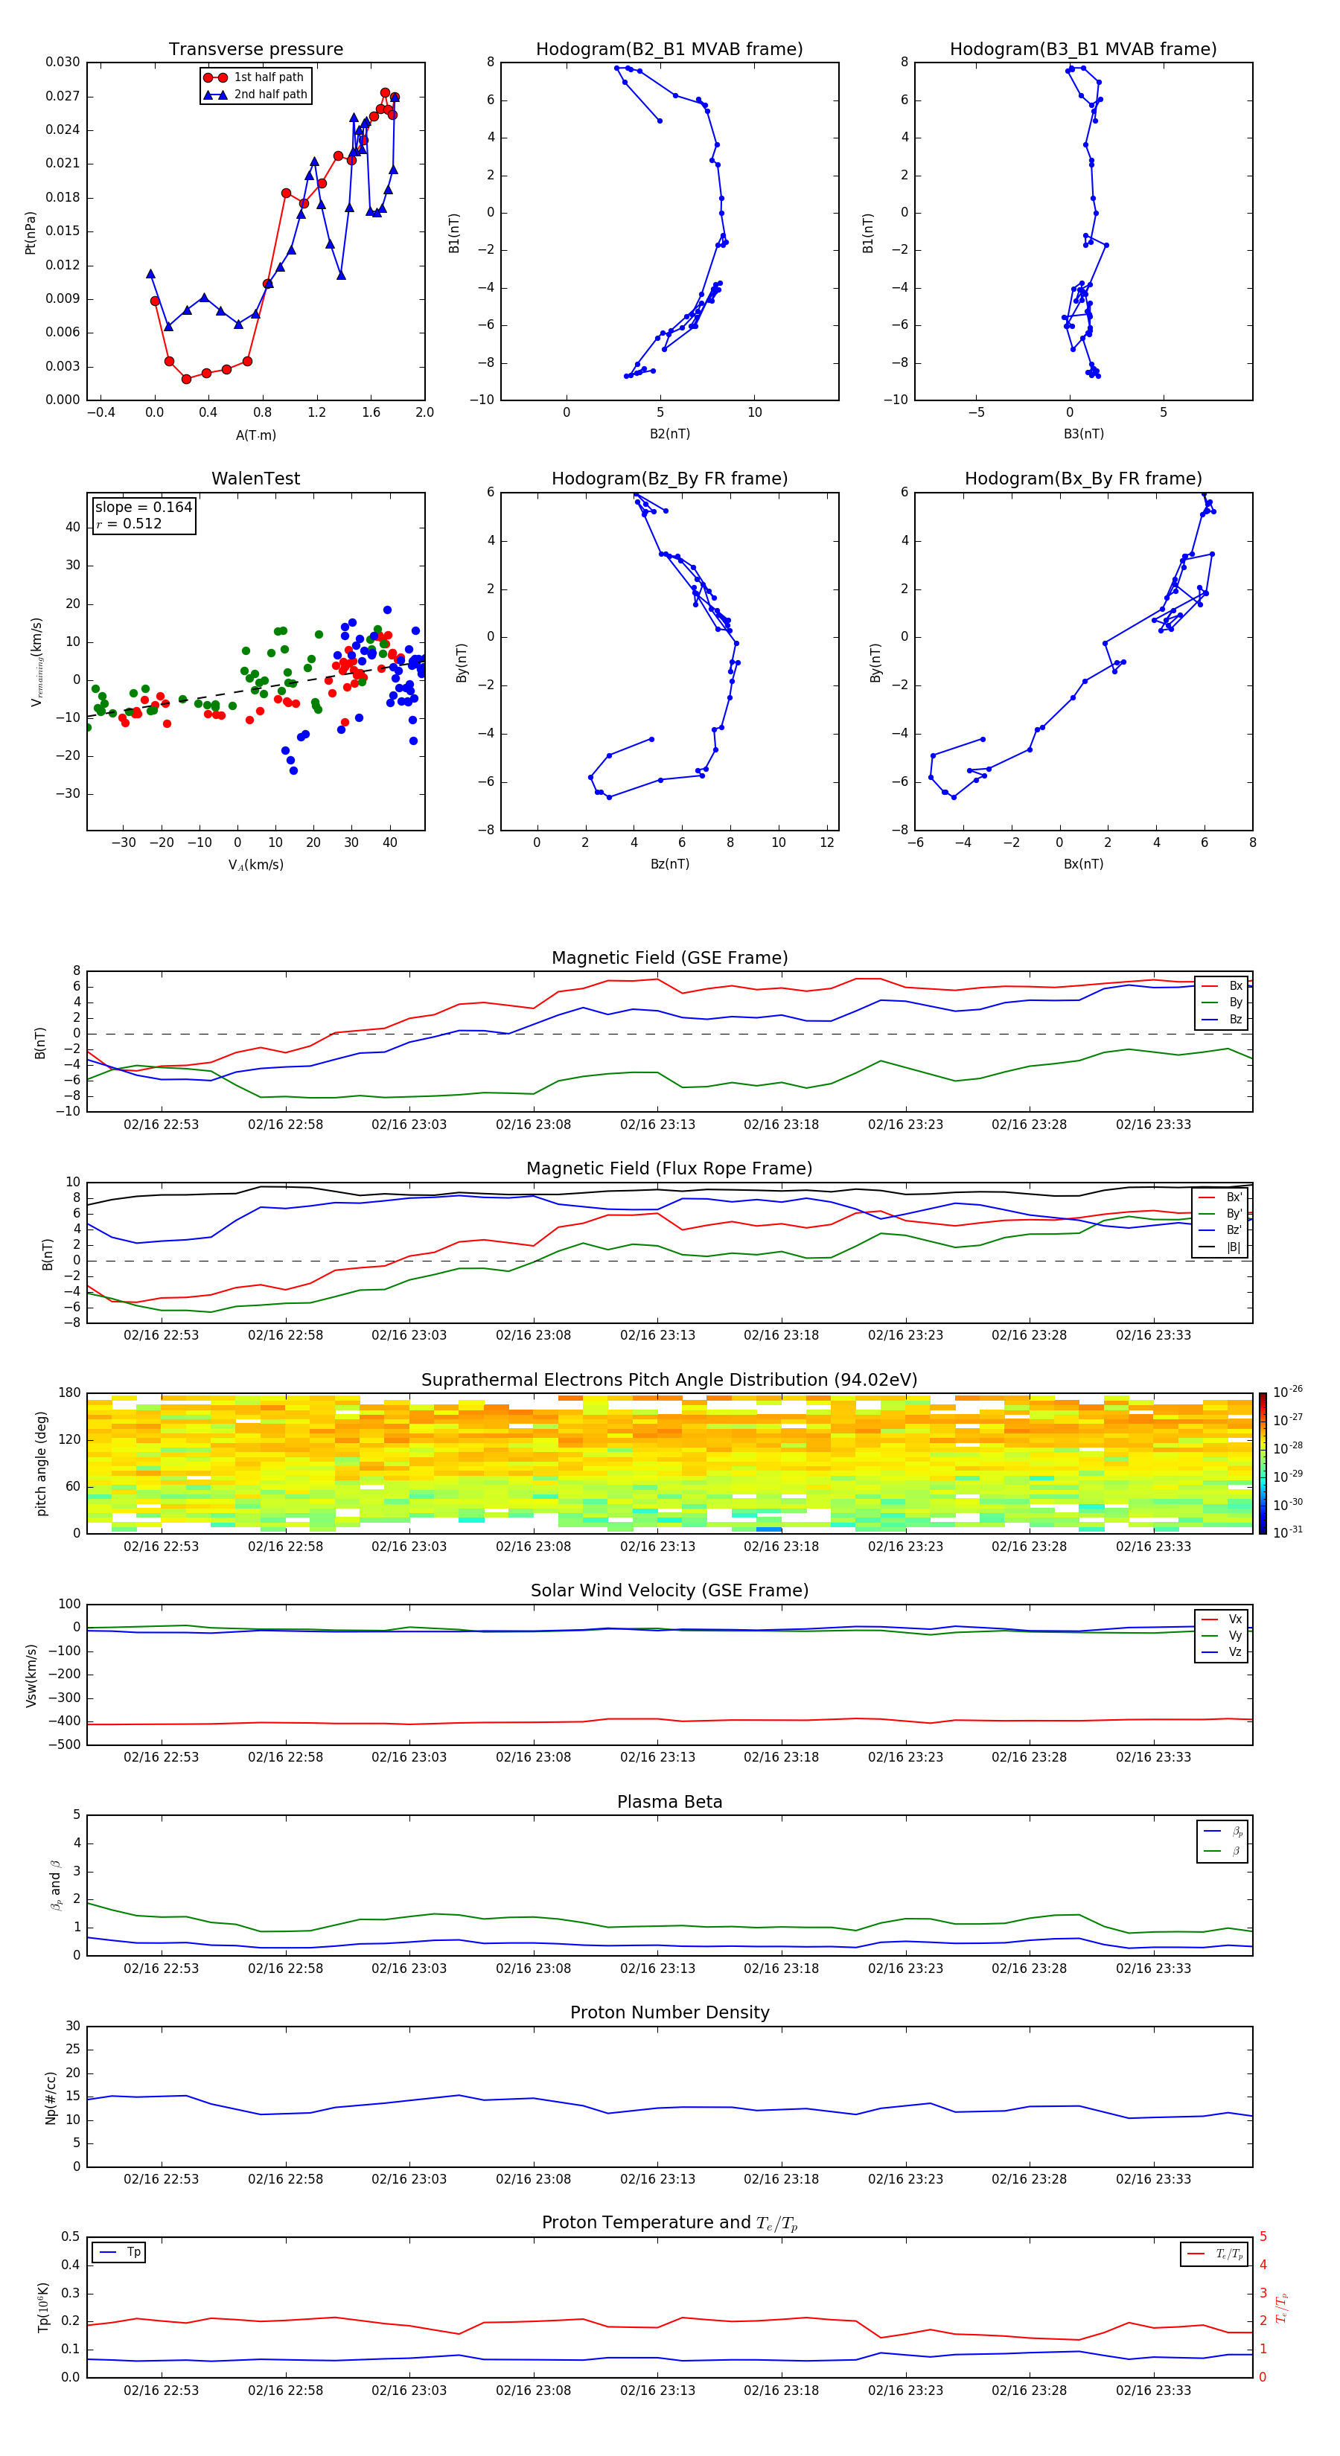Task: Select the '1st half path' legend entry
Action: coord(268,77)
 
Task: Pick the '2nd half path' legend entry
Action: coord(270,95)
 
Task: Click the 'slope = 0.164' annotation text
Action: coord(143,508)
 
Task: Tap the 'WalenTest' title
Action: coord(255,479)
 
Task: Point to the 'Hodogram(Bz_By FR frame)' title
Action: coord(669,479)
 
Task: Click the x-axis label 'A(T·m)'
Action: coord(255,435)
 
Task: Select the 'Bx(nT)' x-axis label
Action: coord(1083,864)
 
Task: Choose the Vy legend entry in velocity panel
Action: coord(1234,1635)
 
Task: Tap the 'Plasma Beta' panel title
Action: coord(669,1802)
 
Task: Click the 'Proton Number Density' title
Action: coord(669,2012)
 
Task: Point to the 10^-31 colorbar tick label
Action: coord(1288,1531)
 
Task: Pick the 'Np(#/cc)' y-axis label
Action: coord(51,2097)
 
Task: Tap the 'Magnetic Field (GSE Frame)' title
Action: coord(669,958)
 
